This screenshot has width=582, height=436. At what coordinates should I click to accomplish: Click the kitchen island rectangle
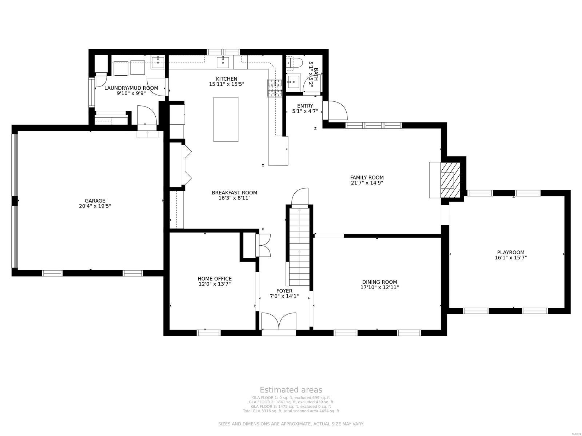point(226,119)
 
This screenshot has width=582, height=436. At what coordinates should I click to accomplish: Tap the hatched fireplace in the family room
point(450,179)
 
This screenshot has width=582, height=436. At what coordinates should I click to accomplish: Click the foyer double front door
point(279,322)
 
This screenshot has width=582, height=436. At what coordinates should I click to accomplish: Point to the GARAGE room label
point(95,201)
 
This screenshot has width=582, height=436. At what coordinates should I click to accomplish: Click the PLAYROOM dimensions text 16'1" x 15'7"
point(511,258)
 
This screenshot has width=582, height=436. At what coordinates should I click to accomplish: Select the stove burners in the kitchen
point(275,88)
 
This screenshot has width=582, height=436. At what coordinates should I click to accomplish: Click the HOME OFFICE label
point(215,279)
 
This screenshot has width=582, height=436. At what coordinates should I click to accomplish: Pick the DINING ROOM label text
point(379,282)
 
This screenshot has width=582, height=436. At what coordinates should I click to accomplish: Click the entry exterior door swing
point(337,111)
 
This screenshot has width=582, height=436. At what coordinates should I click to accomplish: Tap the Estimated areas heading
point(291,390)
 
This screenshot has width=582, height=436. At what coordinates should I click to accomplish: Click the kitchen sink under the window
point(223,62)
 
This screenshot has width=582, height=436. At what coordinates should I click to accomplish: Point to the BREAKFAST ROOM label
point(234,193)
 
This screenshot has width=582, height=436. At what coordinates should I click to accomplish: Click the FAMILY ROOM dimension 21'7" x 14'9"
point(367,183)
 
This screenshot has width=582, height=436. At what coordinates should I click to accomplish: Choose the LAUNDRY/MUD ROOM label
point(131,88)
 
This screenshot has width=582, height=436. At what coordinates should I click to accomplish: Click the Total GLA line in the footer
point(291,411)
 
